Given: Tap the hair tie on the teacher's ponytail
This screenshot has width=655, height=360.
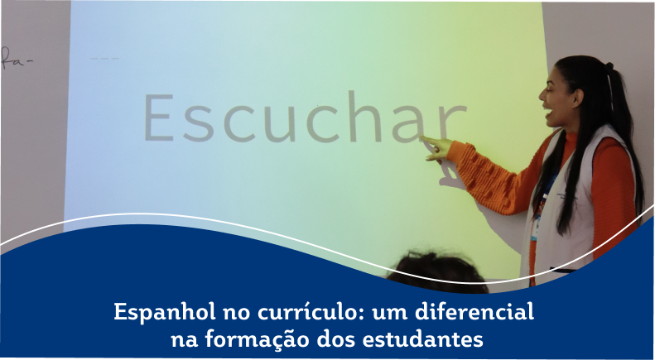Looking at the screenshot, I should click(609, 66).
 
